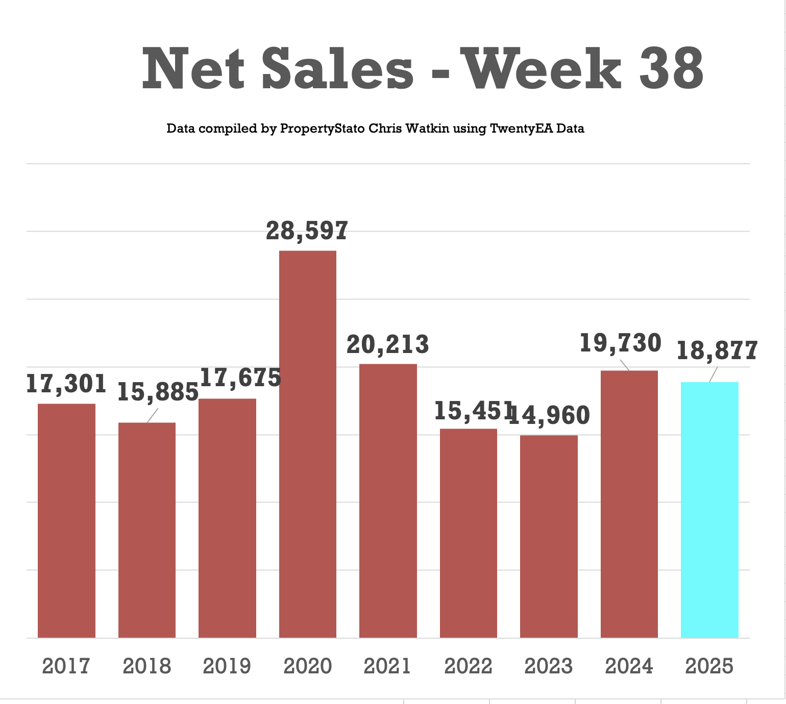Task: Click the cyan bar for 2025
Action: [709, 510]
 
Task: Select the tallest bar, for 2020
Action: [308, 444]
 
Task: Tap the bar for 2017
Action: [66, 520]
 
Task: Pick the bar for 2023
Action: [549, 536]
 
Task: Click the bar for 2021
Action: [388, 500]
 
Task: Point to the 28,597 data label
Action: [307, 231]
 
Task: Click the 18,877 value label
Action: [717, 351]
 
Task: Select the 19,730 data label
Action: [621, 343]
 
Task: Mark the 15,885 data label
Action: [158, 392]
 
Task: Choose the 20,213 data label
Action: [388, 345]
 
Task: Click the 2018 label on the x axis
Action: [147, 666]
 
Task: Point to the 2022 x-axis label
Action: [468, 666]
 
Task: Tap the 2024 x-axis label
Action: [629, 666]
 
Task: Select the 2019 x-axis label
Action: [227, 666]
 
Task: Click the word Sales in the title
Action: [337, 69]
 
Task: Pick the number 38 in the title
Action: [671, 69]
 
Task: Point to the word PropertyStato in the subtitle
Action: [323, 129]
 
